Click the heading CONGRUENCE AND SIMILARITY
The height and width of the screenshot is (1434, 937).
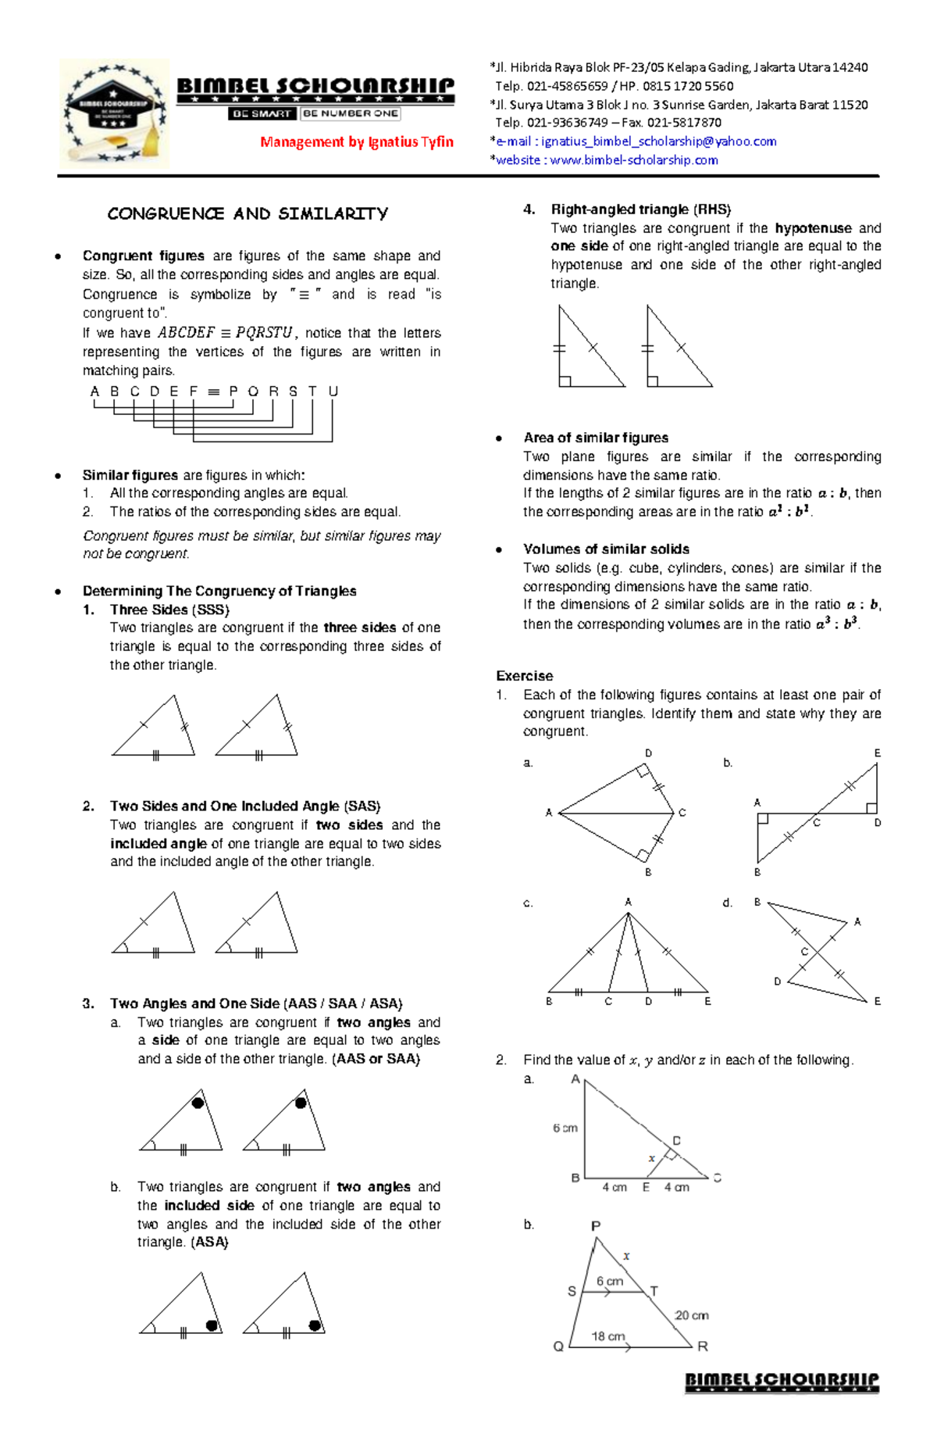point(248,213)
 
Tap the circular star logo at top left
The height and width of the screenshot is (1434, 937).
point(115,114)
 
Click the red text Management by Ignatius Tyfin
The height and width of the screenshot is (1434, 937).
point(357,141)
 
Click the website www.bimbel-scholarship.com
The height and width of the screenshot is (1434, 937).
point(633,160)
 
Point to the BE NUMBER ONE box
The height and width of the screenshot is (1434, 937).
point(351,113)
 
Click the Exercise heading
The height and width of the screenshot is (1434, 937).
point(524,676)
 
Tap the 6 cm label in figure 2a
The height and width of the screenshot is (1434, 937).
point(565,1128)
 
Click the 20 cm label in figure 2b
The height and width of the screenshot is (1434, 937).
point(691,1315)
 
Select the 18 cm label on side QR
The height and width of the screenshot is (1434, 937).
point(607,1336)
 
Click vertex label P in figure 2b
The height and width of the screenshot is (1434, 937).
point(596,1226)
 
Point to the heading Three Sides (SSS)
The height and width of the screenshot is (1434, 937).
point(169,610)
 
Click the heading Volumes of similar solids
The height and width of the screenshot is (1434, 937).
point(606,549)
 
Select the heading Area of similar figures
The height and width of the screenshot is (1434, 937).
point(596,438)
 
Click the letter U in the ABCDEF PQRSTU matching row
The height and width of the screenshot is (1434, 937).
point(333,392)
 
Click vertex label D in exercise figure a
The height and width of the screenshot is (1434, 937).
point(648,753)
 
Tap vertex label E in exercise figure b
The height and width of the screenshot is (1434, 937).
point(877,753)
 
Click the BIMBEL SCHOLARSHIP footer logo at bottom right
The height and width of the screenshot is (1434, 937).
point(782,1382)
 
